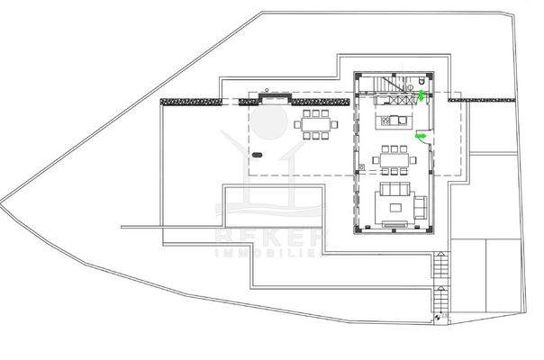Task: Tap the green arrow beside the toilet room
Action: [422, 94]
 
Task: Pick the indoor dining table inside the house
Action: [393, 160]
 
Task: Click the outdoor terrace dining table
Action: [315, 124]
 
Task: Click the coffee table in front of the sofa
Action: [394, 207]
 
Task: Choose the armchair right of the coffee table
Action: [419, 208]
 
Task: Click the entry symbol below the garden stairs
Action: [439, 317]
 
